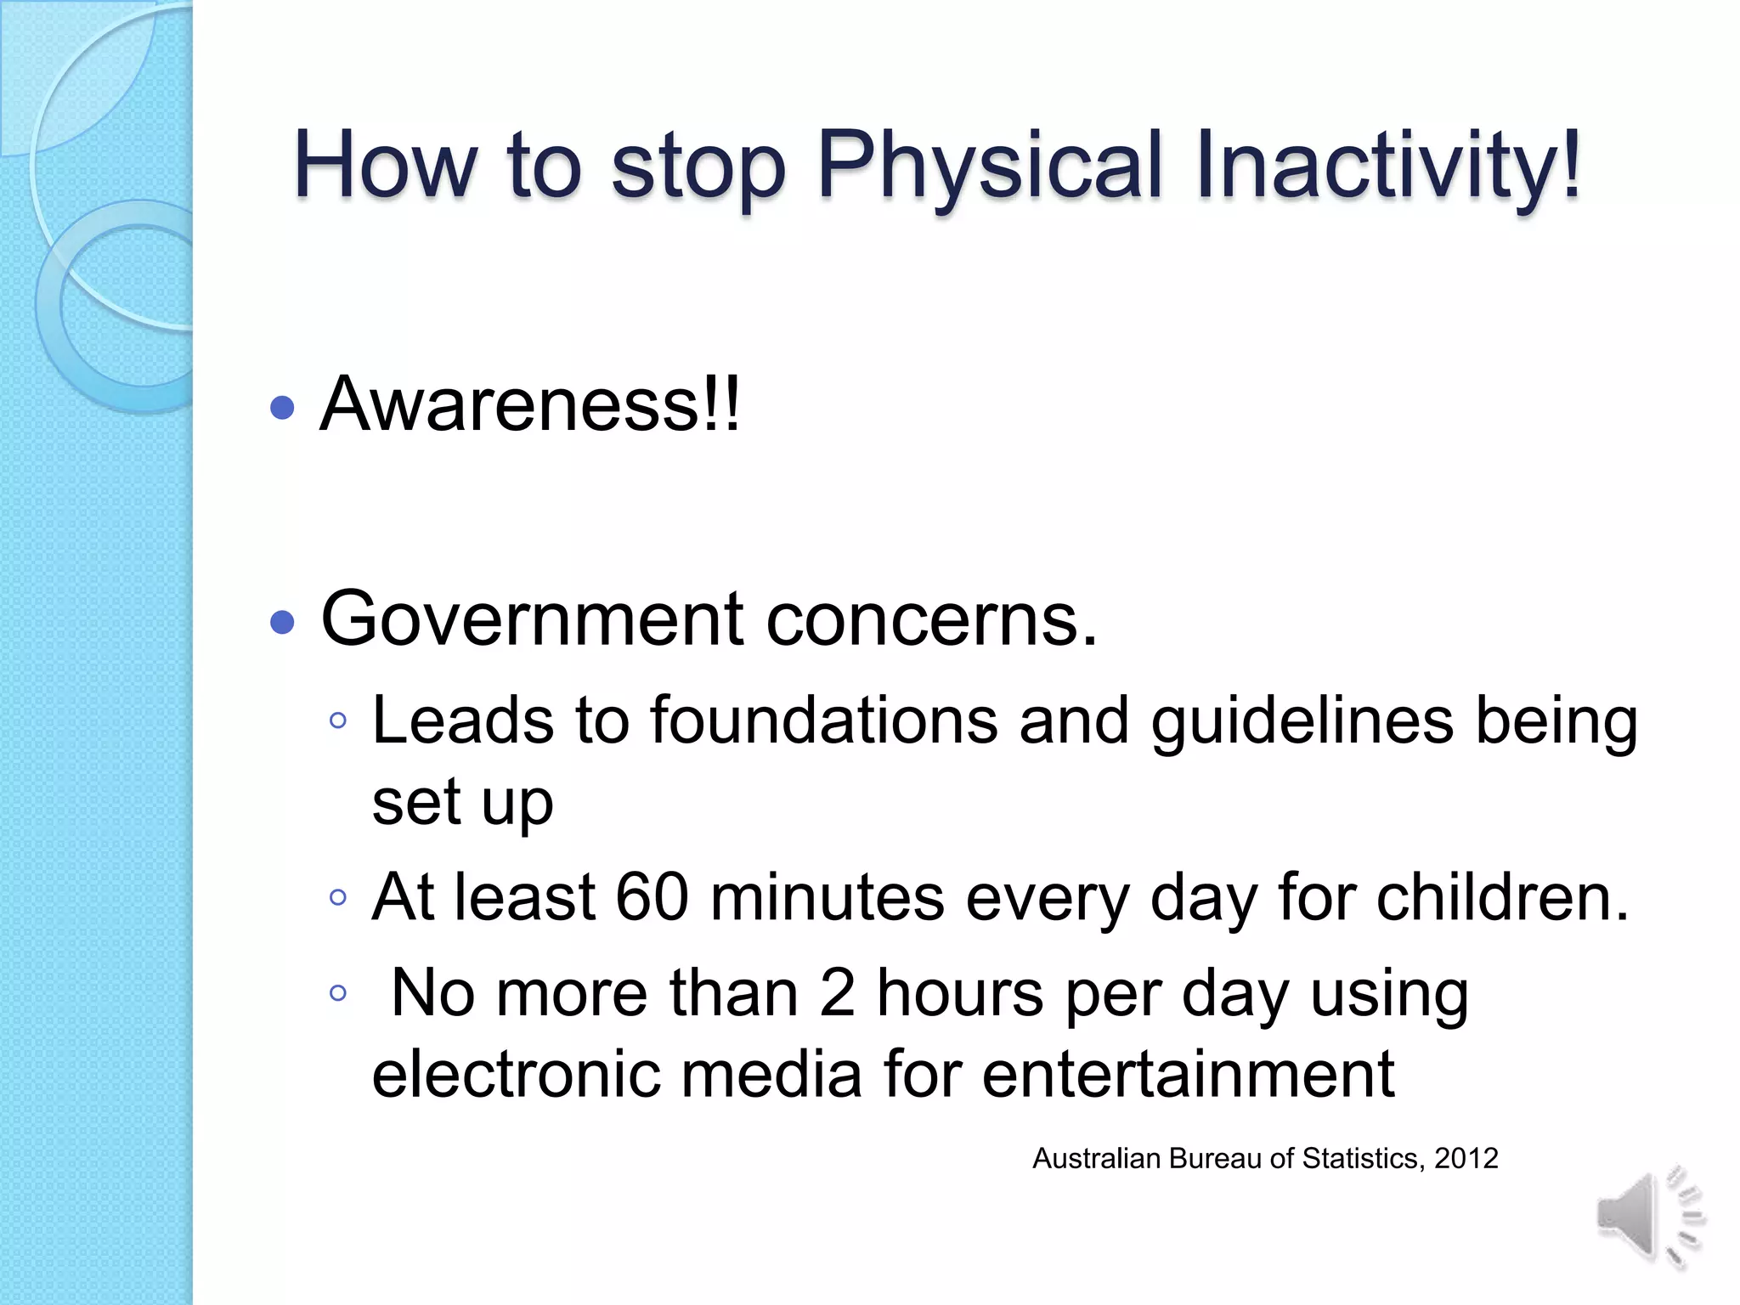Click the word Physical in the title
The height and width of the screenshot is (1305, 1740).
pos(989,166)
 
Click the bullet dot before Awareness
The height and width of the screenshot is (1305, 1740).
pos(282,408)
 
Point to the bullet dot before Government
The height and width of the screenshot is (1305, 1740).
pos(282,623)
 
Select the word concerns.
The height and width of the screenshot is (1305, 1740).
pos(932,619)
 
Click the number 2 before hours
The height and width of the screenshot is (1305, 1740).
pos(838,992)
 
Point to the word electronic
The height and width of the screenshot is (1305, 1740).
pos(516,1074)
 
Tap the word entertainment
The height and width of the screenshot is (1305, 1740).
pos(1188,1074)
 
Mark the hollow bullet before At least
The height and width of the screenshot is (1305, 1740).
pos(338,897)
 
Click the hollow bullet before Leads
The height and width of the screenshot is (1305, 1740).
pos(338,721)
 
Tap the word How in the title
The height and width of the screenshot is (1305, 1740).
pos(384,166)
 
